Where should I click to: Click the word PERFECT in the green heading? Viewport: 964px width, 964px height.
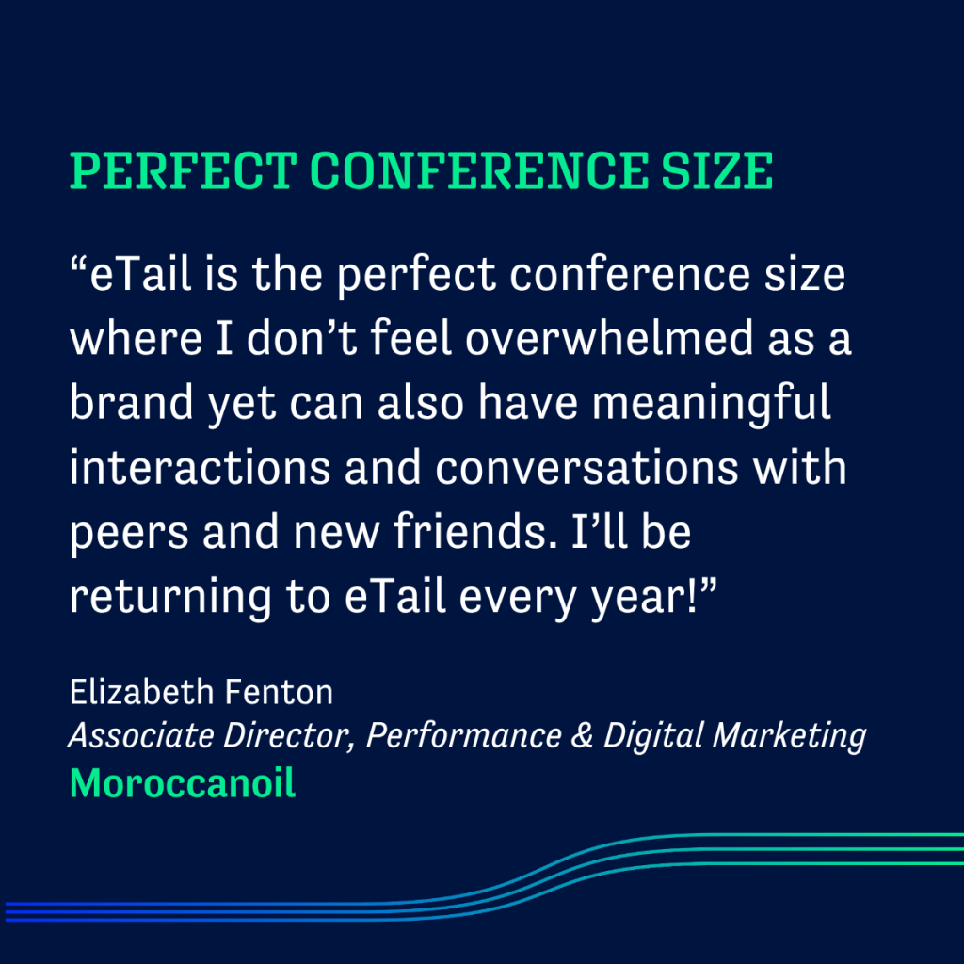(184, 171)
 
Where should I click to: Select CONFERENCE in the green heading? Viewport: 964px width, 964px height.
(479, 171)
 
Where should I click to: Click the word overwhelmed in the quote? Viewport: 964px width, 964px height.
(609, 338)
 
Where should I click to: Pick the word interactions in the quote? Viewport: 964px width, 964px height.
(200, 467)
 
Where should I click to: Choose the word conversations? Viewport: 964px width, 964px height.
(586, 467)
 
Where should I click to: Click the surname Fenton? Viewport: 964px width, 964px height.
(279, 692)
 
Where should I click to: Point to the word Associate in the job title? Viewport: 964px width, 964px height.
(141, 735)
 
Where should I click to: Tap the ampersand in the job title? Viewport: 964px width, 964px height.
(582, 735)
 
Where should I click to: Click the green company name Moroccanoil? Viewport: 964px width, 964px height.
(183, 783)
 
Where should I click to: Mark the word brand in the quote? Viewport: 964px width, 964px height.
(132, 402)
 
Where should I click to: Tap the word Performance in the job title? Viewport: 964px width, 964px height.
(463, 735)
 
